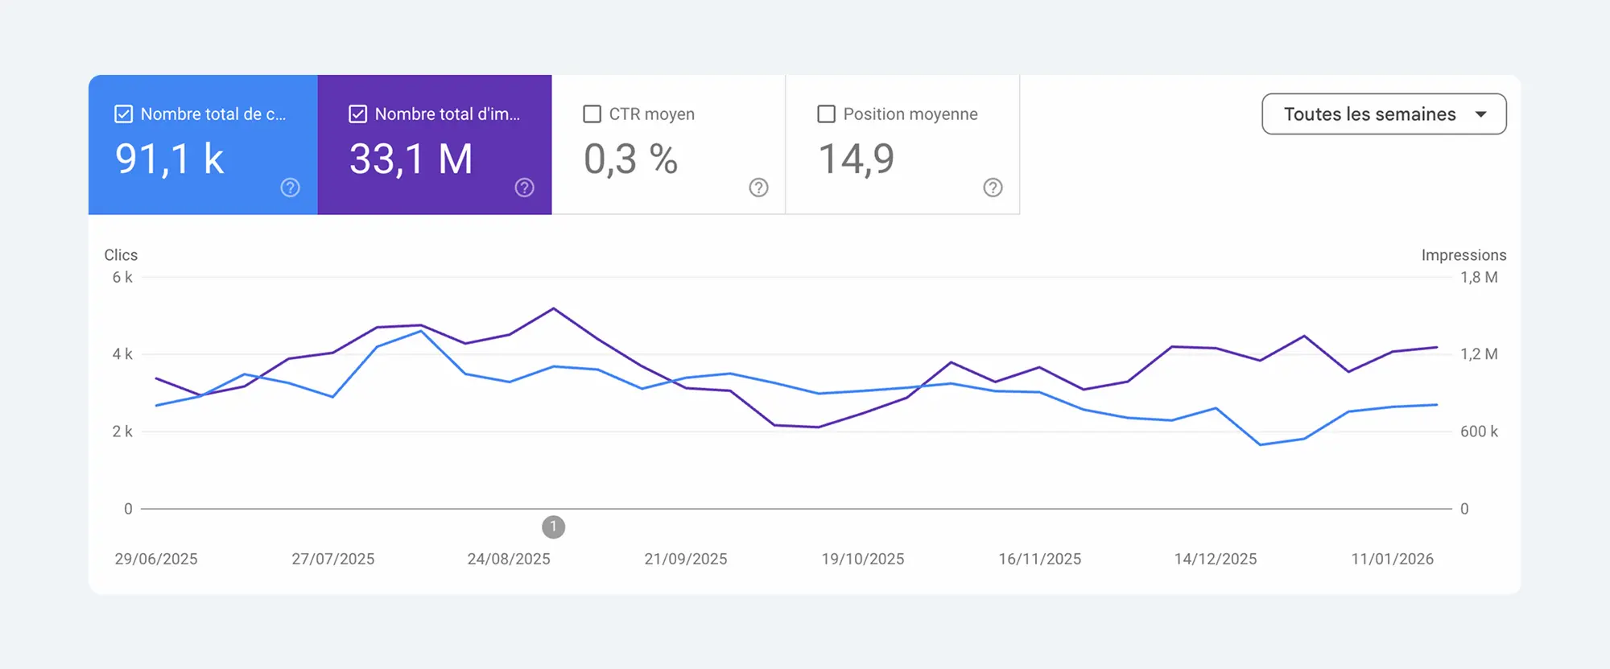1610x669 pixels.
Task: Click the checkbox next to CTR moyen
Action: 592,114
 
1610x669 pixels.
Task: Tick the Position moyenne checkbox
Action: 826,114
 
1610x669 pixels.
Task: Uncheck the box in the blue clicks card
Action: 123,114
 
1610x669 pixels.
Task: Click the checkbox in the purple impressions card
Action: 357,114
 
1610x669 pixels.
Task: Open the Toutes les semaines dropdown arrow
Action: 1480,114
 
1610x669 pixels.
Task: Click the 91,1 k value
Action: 169,159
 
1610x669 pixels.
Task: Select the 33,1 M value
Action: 411,159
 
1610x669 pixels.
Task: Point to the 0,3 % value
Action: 630,159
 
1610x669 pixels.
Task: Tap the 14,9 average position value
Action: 856,159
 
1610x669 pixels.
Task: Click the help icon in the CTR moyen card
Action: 758,188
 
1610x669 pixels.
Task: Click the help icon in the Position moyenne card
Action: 993,188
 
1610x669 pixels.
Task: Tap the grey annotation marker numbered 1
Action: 553,527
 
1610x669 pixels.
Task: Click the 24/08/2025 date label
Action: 509,559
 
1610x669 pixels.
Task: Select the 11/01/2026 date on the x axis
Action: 1392,559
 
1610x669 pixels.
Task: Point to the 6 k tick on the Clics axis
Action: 122,278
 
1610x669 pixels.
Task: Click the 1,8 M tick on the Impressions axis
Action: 1479,278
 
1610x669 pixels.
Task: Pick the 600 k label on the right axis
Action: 1479,432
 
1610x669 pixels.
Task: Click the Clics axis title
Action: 121,255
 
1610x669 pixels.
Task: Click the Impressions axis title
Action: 1463,255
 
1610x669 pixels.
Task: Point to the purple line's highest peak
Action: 553,308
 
